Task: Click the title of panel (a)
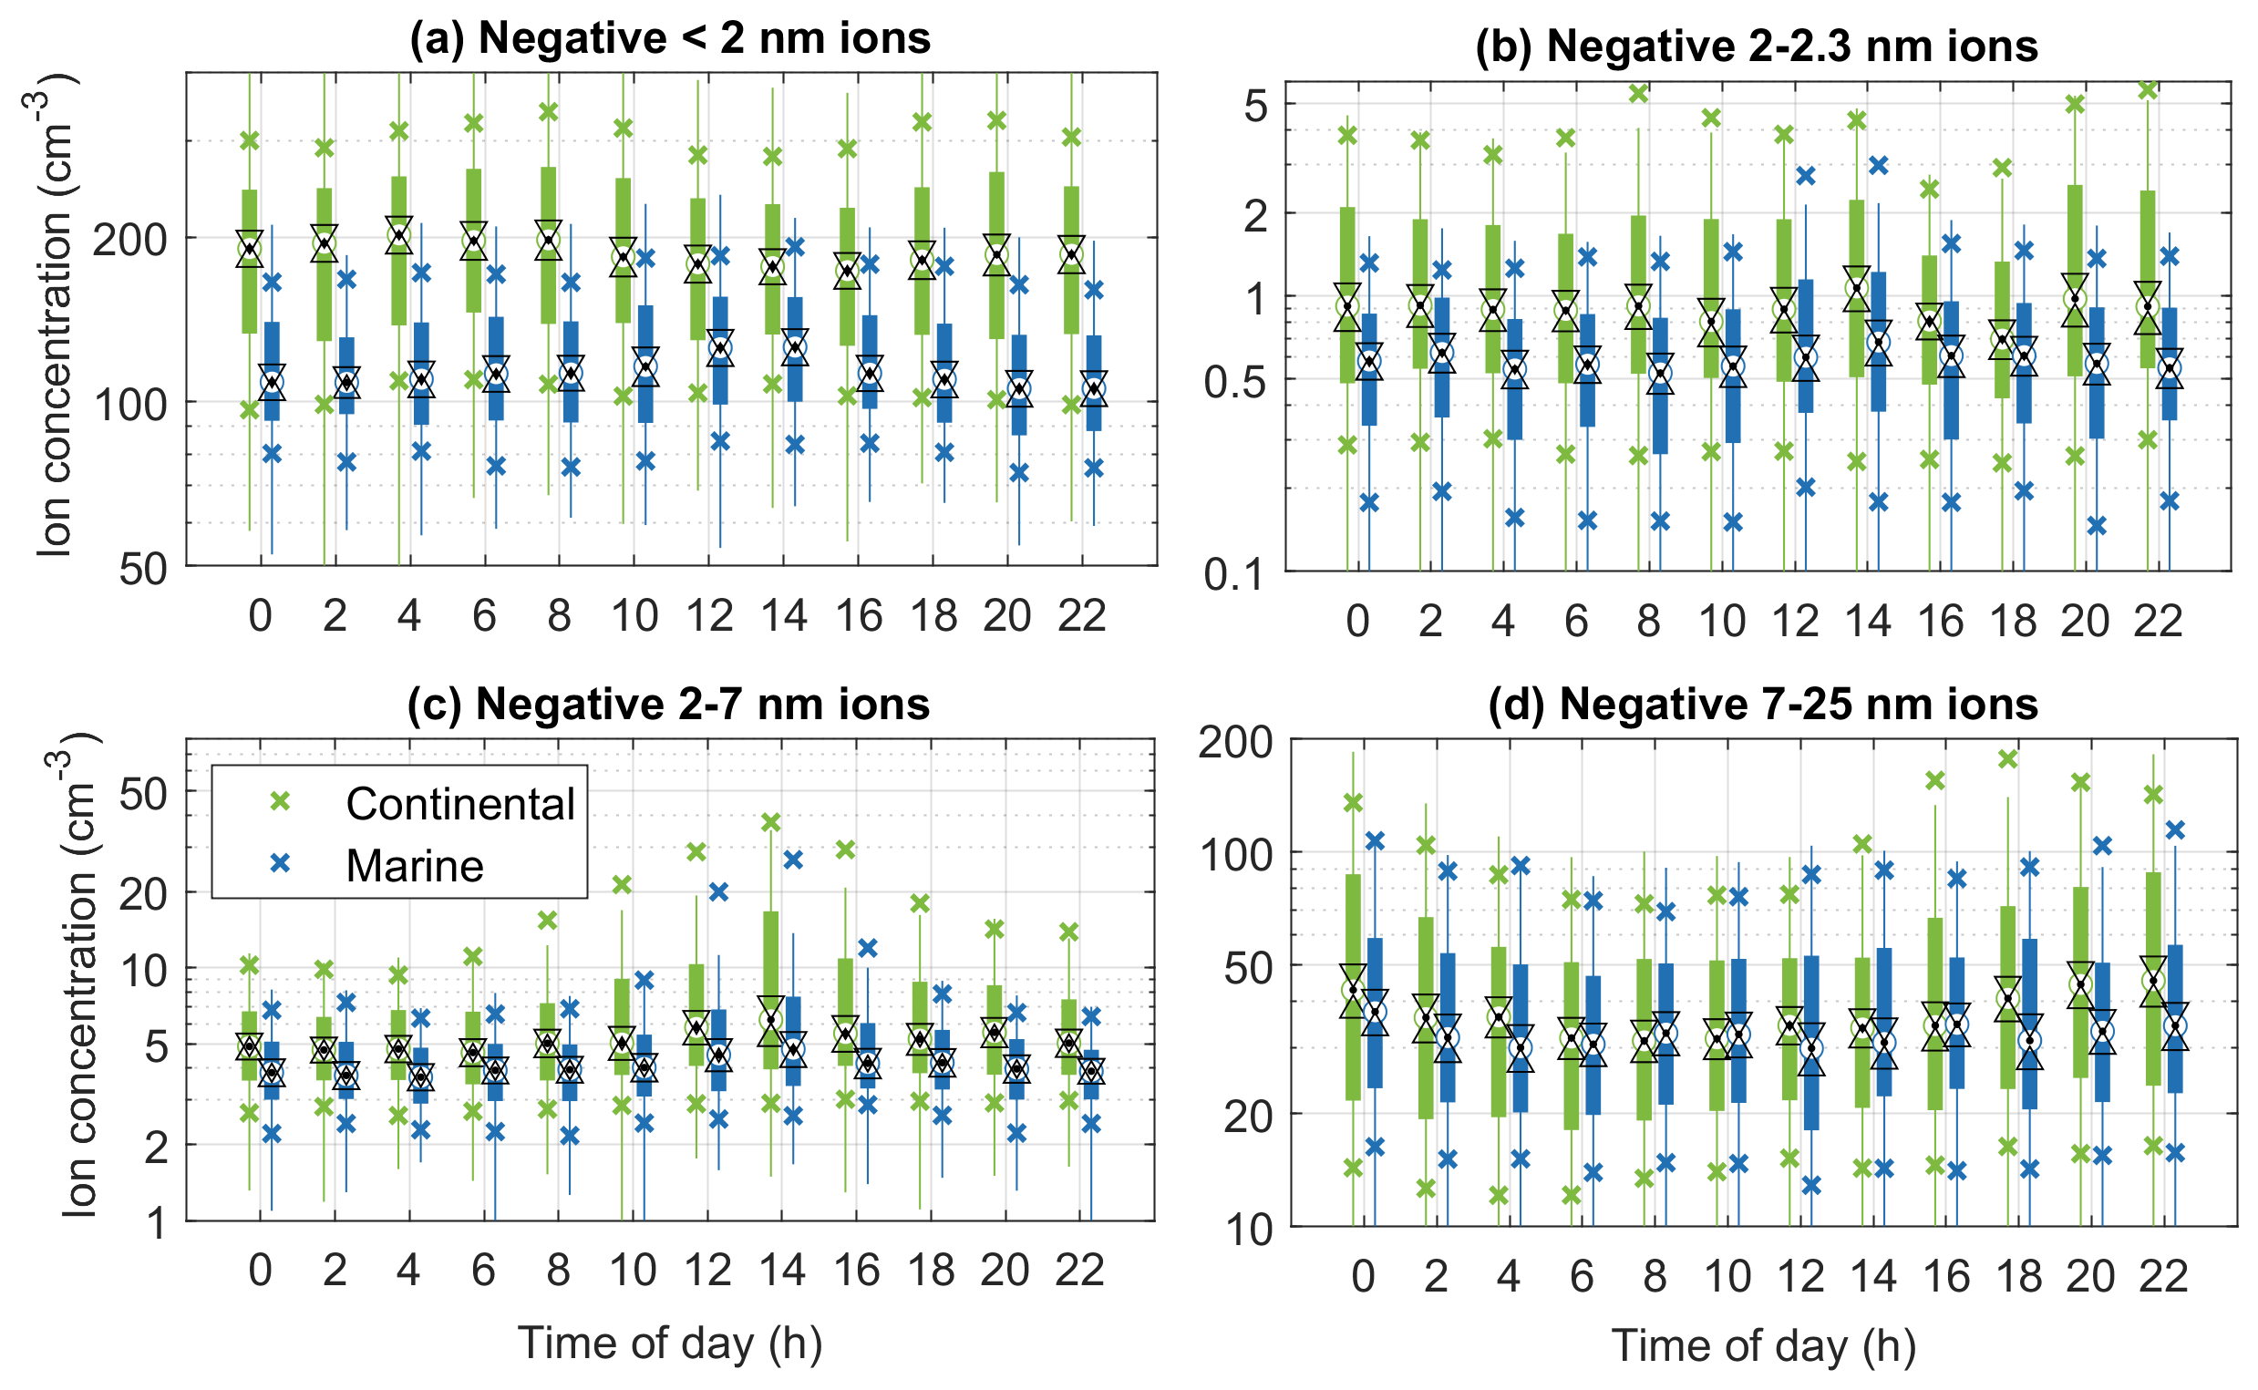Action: pos(670,38)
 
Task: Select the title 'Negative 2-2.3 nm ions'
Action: pos(1756,46)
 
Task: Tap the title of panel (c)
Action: pos(668,705)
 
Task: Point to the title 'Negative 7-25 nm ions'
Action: pos(1762,705)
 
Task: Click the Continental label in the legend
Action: pos(459,804)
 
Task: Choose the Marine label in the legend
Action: pos(415,865)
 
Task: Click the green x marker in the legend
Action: pos(280,801)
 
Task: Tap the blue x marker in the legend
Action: pos(280,863)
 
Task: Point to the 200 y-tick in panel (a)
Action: pos(129,240)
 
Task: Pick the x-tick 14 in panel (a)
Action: pos(783,615)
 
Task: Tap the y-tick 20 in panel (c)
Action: pos(143,892)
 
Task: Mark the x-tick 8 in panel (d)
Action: pos(1655,1276)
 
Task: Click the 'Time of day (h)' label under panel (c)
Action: pos(669,1343)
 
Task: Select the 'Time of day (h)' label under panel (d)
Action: pos(1763,1346)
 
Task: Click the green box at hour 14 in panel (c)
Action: pos(771,990)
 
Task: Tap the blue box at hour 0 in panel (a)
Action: pos(273,371)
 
